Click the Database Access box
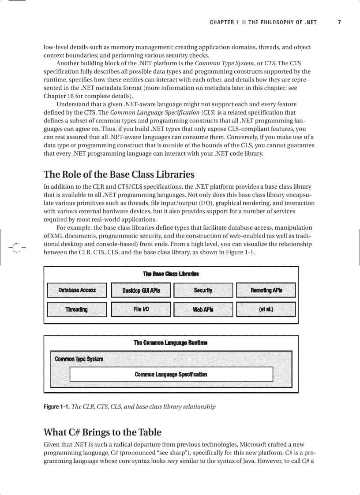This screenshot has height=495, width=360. click(77, 290)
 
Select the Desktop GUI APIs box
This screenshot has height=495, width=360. click(141, 290)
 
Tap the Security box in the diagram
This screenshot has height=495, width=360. click(203, 290)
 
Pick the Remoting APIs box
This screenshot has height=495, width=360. click(266, 290)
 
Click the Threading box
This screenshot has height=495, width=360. click(77, 309)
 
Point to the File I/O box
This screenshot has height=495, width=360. click(141, 309)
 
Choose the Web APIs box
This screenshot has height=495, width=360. click(203, 309)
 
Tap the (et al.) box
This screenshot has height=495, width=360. click(266, 309)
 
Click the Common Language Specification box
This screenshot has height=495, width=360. click(171, 374)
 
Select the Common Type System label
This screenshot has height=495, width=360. click(79, 359)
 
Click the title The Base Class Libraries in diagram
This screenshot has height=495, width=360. click(171, 274)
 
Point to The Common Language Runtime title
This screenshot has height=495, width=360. click(171, 342)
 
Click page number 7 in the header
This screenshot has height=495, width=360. click(339, 22)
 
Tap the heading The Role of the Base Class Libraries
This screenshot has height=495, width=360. click(119, 174)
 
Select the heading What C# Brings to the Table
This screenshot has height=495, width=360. click(102, 432)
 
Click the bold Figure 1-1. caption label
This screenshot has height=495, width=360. click(56, 406)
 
